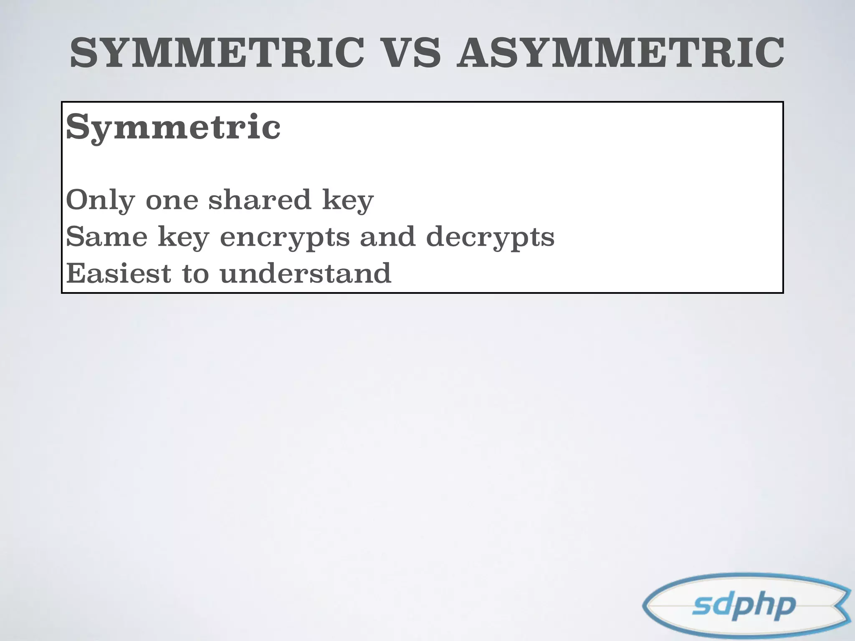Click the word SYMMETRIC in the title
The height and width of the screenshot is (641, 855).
pos(217,53)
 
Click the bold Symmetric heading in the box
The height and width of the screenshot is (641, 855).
pos(173,127)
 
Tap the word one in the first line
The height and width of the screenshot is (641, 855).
pos(172,201)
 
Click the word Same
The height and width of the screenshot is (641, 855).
pos(107,237)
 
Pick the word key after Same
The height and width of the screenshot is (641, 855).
pos(183,237)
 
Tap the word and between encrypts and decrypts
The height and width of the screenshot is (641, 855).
pos(387,237)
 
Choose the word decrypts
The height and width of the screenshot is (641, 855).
pos(490,237)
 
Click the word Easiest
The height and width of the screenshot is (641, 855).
pos(119,273)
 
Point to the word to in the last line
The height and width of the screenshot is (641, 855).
pos(195,274)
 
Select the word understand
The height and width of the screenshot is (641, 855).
pos(305,273)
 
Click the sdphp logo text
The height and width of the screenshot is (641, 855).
pos(744,606)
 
